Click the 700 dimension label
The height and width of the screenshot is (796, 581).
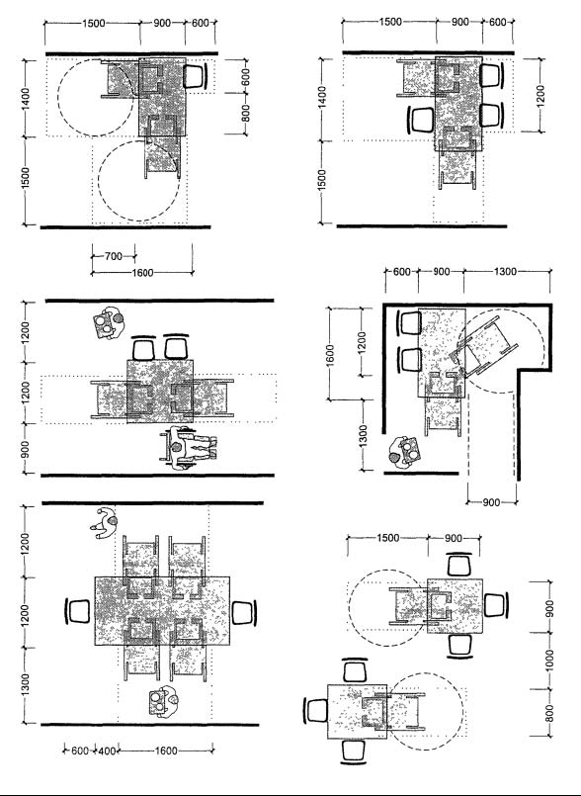[114, 256]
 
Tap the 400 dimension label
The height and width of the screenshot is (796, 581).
[107, 751]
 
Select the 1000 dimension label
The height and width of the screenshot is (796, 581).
[549, 660]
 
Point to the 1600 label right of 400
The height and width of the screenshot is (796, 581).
[166, 751]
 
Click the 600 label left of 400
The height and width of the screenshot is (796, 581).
[80, 751]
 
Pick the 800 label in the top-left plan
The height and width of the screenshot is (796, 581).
[246, 113]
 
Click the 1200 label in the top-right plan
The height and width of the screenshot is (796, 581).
[539, 95]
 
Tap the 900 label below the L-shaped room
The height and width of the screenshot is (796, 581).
[491, 502]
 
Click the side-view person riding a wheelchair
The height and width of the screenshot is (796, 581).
[189, 447]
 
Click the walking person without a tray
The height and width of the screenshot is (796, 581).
[105, 523]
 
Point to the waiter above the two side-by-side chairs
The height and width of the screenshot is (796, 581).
[109, 323]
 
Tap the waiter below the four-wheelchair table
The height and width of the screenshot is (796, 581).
[163, 702]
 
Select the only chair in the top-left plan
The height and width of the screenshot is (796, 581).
[196, 75]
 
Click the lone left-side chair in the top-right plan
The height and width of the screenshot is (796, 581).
[421, 120]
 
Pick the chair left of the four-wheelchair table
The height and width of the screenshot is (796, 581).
[78, 611]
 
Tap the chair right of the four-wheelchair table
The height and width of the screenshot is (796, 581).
[244, 612]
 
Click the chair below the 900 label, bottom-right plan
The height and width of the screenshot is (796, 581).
[460, 646]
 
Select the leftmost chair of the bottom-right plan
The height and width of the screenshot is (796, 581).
[316, 710]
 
